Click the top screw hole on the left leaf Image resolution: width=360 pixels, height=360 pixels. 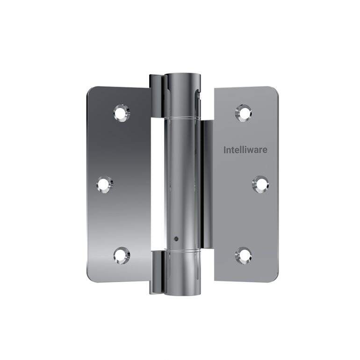[x=122, y=113]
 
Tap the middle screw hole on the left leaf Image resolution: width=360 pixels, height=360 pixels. [x=105, y=184]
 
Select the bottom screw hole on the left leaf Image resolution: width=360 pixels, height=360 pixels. [x=122, y=255]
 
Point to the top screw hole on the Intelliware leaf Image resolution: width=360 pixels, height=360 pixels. [x=244, y=113]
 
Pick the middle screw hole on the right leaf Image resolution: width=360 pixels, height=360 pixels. [x=260, y=184]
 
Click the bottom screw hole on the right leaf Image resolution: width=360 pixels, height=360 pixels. [x=244, y=255]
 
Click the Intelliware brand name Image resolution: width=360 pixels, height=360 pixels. [x=245, y=150]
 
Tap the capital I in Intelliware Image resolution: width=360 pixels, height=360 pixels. [x=225, y=150]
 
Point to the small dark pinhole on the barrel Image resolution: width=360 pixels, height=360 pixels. [x=176, y=238]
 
